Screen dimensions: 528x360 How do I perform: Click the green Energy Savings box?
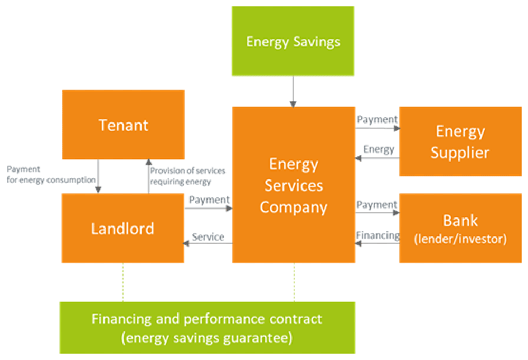pos(293,41)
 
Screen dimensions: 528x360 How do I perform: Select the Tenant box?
pos(123,125)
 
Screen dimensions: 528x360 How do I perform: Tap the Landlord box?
pos(123,228)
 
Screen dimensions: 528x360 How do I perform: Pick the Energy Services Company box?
pos(294,185)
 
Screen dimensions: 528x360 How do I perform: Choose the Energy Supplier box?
pos(460,141)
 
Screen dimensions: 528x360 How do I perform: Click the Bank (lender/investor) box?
pos(460,228)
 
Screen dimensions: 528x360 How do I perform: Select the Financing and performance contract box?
pos(208,328)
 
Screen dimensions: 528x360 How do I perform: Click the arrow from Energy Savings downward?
pos(293,92)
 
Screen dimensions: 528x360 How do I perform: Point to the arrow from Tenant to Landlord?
pos(98,176)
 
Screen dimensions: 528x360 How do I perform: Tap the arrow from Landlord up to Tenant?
pos(148,176)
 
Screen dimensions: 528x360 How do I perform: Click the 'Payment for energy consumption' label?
pos(51,174)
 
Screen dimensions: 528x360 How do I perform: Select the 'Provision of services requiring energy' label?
pos(187,176)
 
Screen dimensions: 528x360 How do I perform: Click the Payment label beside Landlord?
pos(209,200)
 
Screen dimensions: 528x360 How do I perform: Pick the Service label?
pos(208,236)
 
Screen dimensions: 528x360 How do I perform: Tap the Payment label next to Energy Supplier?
pos(377,119)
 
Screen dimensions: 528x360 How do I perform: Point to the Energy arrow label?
pos(379,149)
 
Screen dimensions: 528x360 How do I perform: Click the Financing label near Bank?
pos(378,235)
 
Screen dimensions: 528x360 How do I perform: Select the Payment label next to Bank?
pos(377,205)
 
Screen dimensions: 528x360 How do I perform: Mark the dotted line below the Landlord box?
pos(123,282)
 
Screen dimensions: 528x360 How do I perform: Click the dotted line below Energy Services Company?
pos(294,282)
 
